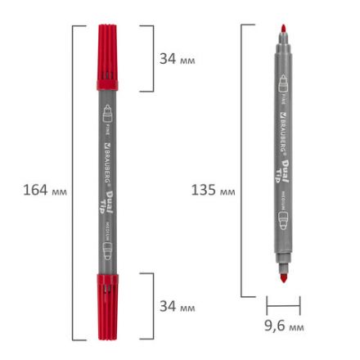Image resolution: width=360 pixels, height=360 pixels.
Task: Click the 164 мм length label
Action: point(45,191)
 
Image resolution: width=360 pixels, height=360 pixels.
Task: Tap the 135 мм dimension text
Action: point(213,191)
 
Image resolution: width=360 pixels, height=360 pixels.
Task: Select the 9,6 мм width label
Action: point(284,326)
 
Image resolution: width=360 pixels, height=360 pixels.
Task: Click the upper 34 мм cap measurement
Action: point(177,59)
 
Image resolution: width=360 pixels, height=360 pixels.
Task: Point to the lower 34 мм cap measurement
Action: point(177,306)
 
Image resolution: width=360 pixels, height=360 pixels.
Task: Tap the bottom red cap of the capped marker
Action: point(107,307)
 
